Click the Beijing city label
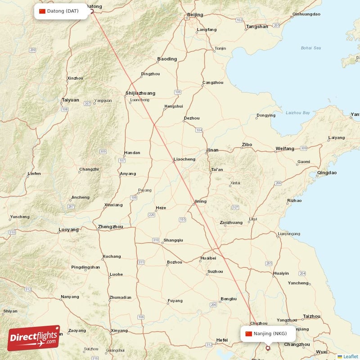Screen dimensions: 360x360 click(195, 15)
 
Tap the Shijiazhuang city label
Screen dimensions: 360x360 click(140, 93)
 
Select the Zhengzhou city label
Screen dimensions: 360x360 click(110, 227)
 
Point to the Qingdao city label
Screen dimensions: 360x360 click(327, 173)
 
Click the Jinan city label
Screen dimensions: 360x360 click(212, 150)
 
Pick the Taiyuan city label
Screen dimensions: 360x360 click(70, 100)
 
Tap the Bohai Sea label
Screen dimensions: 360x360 click(311, 48)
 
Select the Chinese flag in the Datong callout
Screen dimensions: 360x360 click(42, 11)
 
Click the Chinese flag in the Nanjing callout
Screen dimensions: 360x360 click(248, 333)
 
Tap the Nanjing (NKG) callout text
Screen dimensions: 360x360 click(270, 333)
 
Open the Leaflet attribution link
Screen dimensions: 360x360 click(350, 356)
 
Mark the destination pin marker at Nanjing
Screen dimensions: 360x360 click(268, 347)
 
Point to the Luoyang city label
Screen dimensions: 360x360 click(68, 229)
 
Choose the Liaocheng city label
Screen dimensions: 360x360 click(184, 159)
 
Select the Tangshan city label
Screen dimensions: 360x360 click(257, 27)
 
